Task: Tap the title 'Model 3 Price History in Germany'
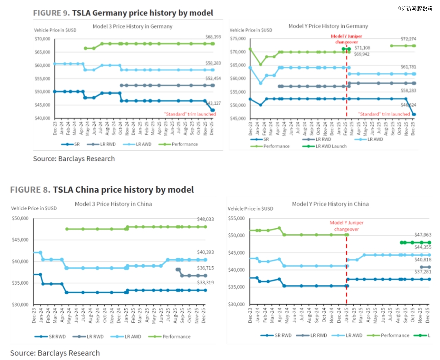click(132, 26)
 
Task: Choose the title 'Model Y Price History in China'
click(330, 204)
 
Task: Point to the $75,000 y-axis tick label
click(238, 39)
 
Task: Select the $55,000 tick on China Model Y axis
click(236, 219)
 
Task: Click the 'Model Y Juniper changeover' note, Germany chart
click(346, 39)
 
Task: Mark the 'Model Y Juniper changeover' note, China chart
click(346, 226)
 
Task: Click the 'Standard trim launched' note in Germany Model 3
click(190, 114)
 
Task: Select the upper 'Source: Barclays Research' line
click(74, 158)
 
